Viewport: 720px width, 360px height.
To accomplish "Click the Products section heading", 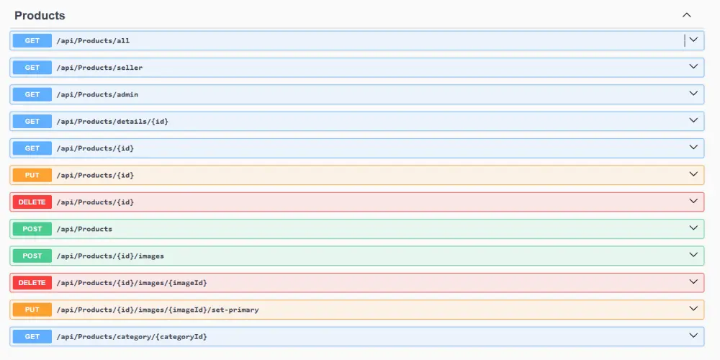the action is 40,16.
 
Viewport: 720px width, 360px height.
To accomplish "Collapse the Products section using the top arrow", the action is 686,15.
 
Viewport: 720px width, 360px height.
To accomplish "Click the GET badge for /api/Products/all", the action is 32,40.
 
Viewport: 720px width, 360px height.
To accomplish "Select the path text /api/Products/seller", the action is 99,68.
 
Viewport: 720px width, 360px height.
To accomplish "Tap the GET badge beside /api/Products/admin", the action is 32,94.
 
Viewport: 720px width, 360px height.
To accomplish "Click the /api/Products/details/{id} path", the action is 112,122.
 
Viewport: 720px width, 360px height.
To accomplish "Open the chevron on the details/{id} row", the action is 693,120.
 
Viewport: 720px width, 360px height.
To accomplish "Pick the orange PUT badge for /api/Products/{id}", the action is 32,175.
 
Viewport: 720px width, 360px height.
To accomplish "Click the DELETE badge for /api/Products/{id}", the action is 32,202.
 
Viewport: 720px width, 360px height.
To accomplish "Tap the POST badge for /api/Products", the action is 32,229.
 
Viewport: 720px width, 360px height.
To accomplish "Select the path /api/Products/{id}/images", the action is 110,256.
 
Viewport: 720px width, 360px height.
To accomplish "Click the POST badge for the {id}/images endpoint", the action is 32,256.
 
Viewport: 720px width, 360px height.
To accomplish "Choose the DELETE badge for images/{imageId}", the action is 32,283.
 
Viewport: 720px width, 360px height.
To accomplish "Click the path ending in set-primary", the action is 158,310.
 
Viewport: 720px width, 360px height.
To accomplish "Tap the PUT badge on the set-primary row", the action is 32,310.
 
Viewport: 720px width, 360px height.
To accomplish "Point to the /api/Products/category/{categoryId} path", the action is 132,337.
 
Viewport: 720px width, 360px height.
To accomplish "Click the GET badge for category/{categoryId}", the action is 32,336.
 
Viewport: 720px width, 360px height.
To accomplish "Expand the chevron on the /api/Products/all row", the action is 693,40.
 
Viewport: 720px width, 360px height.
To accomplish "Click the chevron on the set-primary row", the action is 693,309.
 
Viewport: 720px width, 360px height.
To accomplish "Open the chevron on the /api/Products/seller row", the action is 693,66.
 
